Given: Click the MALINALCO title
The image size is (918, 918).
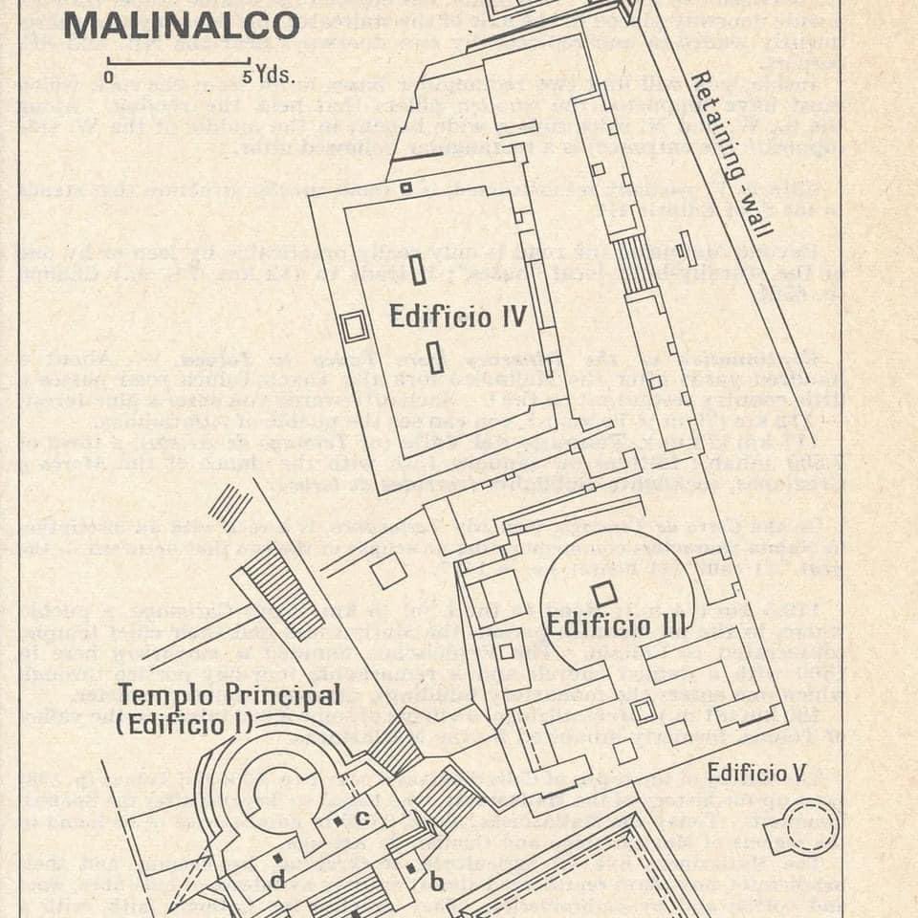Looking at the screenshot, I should pyautogui.click(x=182, y=26).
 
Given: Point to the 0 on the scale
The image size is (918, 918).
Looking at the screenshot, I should pyautogui.click(x=109, y=77).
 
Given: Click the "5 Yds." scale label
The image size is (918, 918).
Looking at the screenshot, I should pyautogui.click(x=268, y=77).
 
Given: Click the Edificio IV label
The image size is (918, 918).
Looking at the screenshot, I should pyautogui.click(x=458, y=317).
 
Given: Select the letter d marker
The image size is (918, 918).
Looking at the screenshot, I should pyautogui.click(x=277, y=879).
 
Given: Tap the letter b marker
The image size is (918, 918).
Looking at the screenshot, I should pyautogui.click(x=436, y=881).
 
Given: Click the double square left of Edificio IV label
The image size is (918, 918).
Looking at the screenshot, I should pyautogui.click(x=355, y=327).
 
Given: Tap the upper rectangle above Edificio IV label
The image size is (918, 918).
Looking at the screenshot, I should pyautogui.click(x=418, y=271).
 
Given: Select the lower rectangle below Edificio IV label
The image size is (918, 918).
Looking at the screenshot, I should pyautogui.click(x=435, y=358).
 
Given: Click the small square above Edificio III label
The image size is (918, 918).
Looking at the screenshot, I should pyautogui.click(x=602, y=593).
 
